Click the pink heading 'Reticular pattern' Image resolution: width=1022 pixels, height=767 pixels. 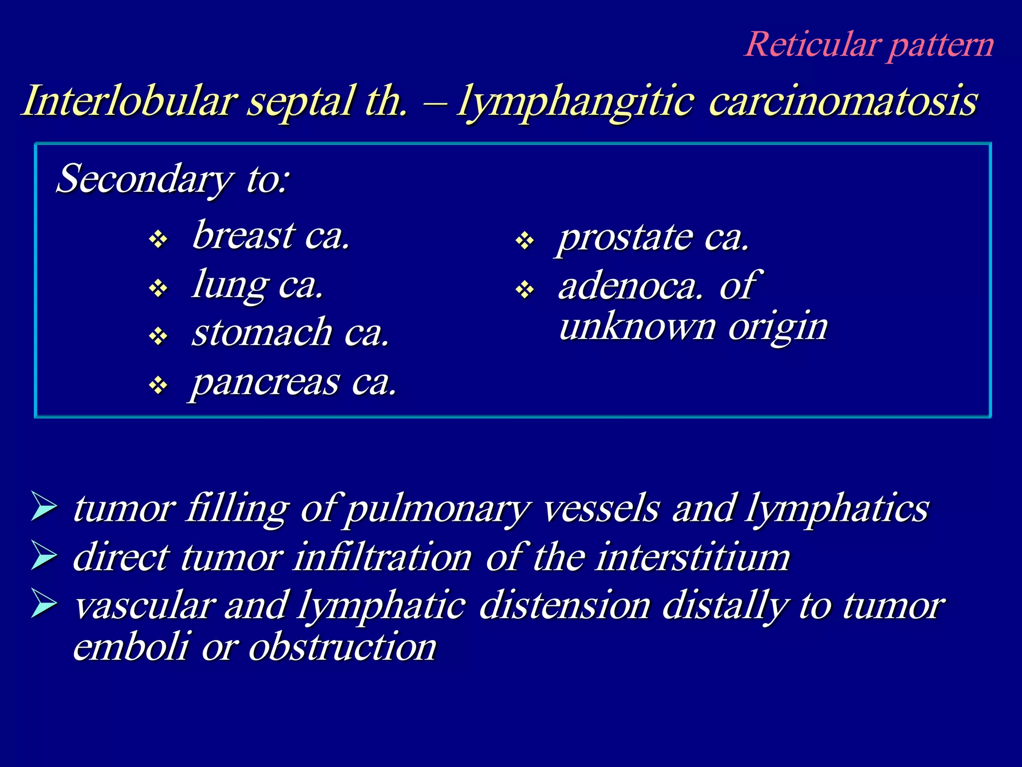869,45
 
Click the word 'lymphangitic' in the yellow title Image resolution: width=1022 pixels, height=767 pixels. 574,102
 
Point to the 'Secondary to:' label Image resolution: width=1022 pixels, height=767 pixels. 172,179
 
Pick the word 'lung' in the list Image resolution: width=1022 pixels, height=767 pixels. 230,285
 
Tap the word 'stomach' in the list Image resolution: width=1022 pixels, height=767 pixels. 262,333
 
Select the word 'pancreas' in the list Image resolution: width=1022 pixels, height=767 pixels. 265,383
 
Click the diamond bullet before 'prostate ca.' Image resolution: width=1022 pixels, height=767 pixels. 525,241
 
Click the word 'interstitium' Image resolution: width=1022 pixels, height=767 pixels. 693,557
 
